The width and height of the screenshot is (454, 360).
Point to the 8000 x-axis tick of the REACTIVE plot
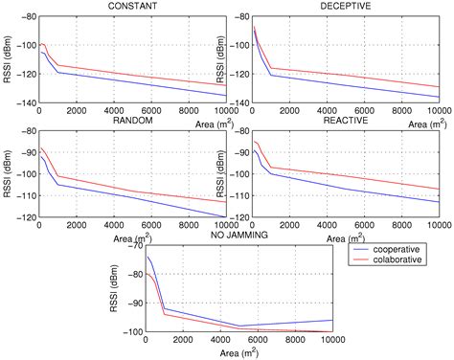coord(402,226)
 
